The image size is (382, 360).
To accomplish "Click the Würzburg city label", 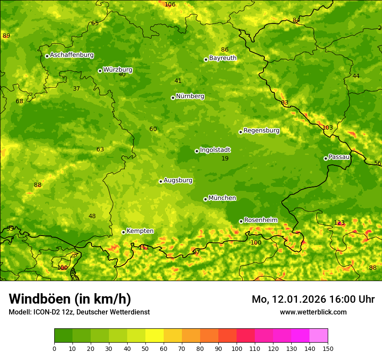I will [118, 70].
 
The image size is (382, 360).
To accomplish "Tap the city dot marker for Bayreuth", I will [206, 59].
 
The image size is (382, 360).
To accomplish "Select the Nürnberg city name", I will [190, 96].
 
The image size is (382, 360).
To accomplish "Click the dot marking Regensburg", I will [240, 132].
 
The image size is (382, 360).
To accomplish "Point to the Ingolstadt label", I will [215, 150].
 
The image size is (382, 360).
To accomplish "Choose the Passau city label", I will [339, 157].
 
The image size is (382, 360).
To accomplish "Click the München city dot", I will [205, 199].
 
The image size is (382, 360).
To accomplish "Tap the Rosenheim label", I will [260, 220].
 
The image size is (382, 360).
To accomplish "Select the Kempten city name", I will [140, 231].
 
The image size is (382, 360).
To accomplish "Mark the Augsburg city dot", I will [161, 181].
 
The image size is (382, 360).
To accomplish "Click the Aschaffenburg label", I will [72, 55].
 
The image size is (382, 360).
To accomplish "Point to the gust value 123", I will [339, 223].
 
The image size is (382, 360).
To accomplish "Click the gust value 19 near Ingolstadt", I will [225, 159].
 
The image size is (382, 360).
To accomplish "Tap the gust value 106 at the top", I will [170, 4].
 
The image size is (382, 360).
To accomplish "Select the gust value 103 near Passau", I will [328, 128].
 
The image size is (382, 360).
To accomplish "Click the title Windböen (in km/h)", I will [69, 299].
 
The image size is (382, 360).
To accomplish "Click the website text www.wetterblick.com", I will [313, 312].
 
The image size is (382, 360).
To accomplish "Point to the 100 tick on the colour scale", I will [237, 349].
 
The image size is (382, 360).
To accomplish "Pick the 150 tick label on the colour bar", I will [328, 349].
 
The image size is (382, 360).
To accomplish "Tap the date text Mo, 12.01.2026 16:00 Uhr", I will [313, 299].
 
